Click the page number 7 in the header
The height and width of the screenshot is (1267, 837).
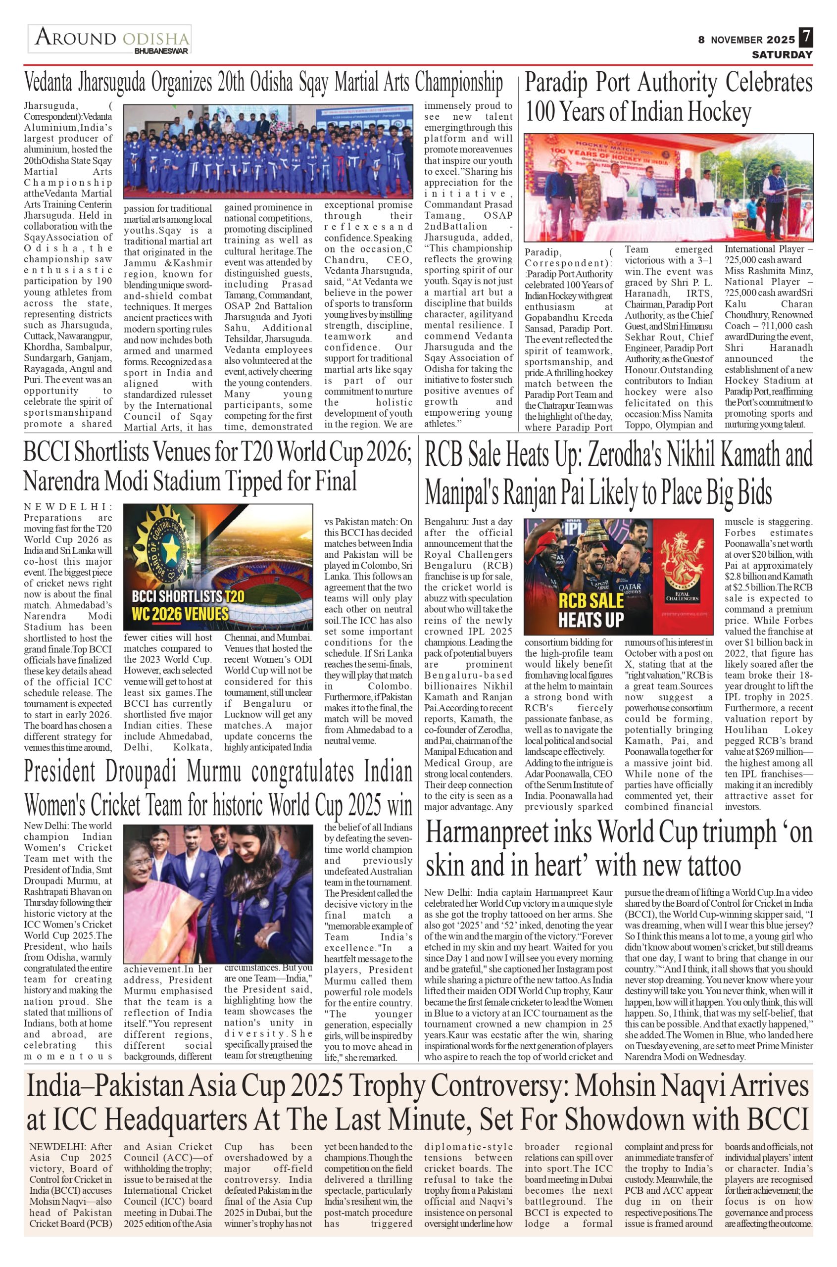(805, 38)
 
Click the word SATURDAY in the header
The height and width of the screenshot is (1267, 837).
(782, 54)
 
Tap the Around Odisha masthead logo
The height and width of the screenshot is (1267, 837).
(110, 39)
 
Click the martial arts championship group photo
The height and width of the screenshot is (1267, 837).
(268, 151)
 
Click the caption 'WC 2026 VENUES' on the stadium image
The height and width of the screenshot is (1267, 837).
(181, 614)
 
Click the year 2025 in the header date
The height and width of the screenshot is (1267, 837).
(781, 40)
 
